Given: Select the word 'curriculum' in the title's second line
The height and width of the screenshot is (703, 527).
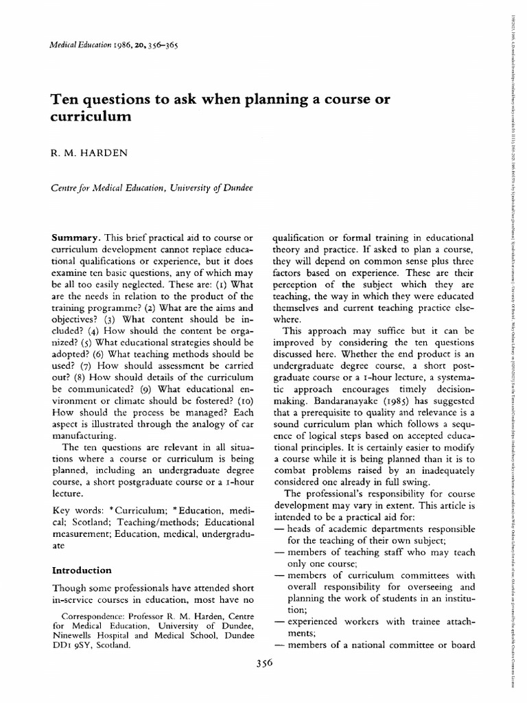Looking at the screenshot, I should click(x=90, y=117).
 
